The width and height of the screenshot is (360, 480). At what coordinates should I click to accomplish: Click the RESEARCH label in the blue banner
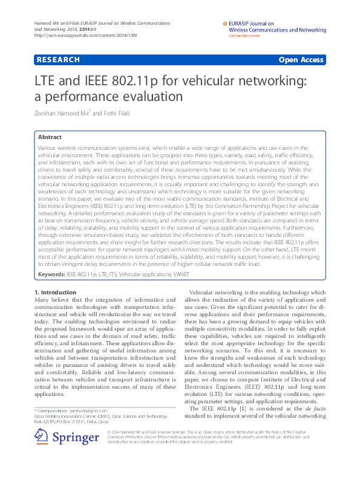pos(58,60)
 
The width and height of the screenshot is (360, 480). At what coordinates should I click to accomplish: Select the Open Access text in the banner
pos(301,60)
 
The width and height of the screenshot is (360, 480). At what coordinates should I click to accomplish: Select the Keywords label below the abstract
pos(51,274)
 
